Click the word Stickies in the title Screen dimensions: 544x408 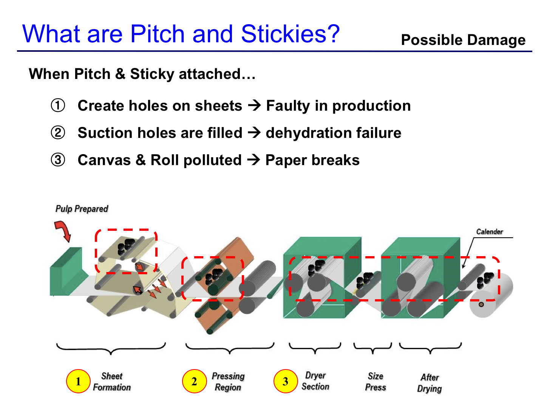tap(290, 34)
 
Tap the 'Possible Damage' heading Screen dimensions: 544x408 tap(463, 40)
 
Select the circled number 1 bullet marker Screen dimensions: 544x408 tap(58, 105)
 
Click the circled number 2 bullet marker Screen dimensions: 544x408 tap(58, 133)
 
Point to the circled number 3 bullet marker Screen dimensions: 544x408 tap(58, 160)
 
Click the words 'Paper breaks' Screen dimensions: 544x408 tap(312, 161)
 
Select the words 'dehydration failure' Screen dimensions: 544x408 tap(333, 133)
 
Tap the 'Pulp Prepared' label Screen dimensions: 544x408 tap(82, 209)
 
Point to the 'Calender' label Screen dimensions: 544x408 tap(490, 232)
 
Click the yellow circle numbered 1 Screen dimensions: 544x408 tap(78, 381)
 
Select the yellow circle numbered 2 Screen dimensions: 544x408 tap(194, 381)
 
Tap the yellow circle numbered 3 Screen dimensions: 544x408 tap(286, 381)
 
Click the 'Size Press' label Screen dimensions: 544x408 tap(376, 382)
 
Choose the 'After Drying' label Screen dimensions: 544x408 tap(430, 383)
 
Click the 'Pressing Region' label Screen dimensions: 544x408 tap(228, 382)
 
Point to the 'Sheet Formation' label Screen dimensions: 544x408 tap(112, 382)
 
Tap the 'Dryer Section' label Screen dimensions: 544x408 tap(315, 381)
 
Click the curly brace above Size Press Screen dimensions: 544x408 tap(372, 348)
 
